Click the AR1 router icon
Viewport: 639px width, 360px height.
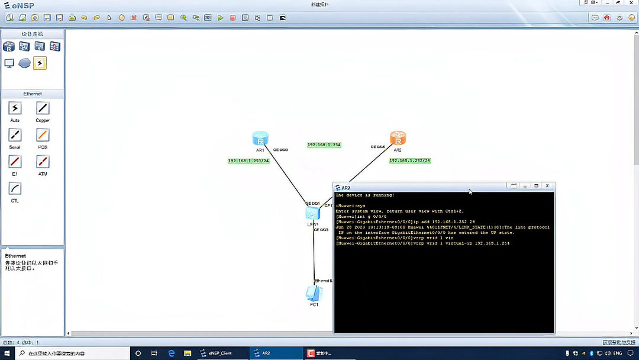(x=260, y=139)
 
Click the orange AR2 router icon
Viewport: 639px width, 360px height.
(x=398, y=139)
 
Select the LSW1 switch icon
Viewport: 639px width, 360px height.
(x=312, y=213)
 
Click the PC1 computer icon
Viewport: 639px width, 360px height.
(x=314, y=293)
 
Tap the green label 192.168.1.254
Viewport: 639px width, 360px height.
(x=324, y=145)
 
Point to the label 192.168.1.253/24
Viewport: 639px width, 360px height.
(x=248, y=161)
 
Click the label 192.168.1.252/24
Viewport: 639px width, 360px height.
(x=409, y=160)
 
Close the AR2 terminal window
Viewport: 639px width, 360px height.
(x=547, y=186)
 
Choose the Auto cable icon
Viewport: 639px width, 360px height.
(x=15, y=108)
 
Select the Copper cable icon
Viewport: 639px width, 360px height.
(x=43, y=108)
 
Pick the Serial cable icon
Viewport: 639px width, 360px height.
(x=15, y=135)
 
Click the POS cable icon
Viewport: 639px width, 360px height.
(x=43, y=135)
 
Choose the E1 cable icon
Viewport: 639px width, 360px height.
(x=15, y=162)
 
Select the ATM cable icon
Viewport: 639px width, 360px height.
(x=43, y=162)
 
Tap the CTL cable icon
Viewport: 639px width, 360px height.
(x=15, y=189)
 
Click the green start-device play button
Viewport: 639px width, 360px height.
(x=220, y=18)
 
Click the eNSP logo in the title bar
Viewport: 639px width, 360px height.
(x=20, y=5)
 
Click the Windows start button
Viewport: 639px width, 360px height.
(x=7, y=353)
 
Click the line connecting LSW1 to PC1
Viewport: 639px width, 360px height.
(x=314, y=255)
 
